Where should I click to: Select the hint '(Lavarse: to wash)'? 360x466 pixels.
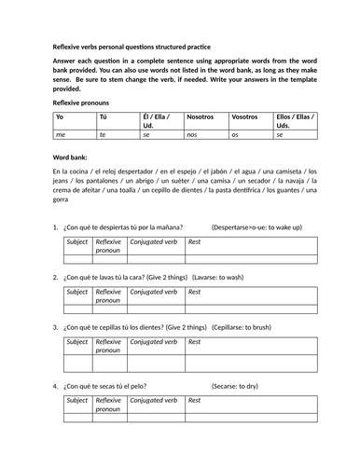click(242, 279)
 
